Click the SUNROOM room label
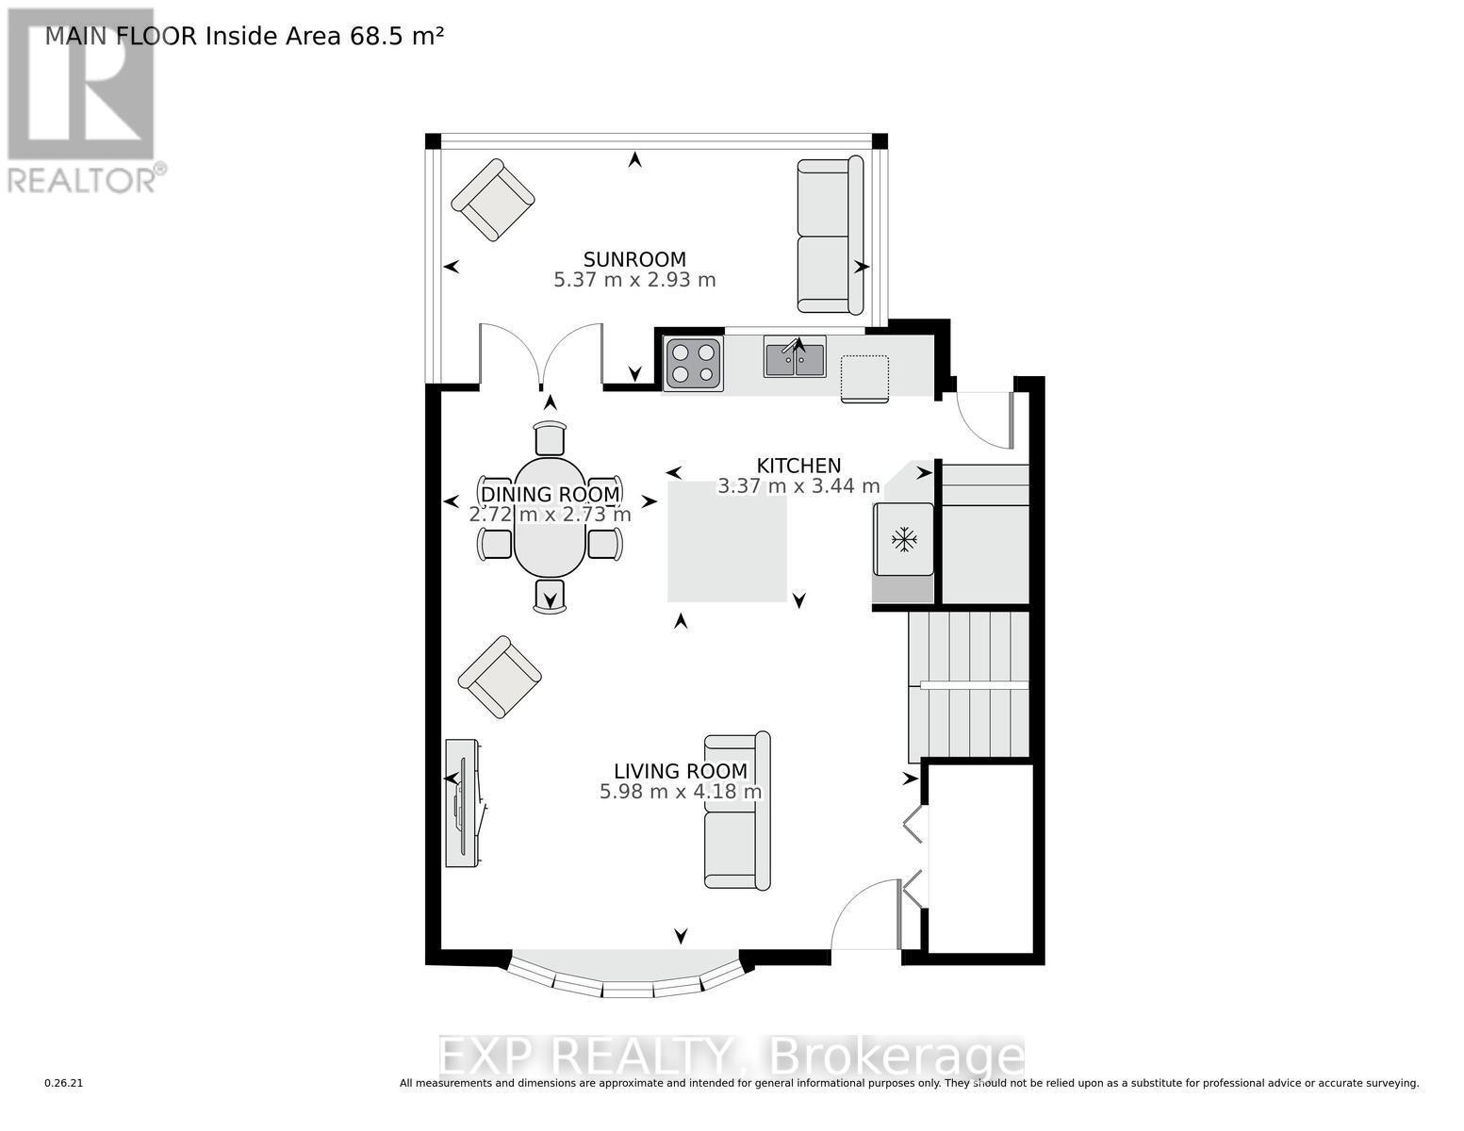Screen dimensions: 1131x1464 [x=633, y=259]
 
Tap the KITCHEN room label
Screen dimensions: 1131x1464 [x=798, y=466]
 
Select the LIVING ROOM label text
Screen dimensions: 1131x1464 [x=680, y=771]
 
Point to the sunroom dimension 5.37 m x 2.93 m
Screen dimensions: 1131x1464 [x=633, y=280]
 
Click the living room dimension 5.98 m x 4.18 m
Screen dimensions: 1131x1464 [x=680, y=792]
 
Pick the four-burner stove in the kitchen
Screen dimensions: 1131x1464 [x=693, y=363]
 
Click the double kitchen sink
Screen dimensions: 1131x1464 [x=795, y=358]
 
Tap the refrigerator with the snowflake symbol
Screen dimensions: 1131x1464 [x=904, y=540]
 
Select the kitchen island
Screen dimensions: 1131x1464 [x=727, y=542]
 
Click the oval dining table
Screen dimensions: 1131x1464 [x=550, y=517]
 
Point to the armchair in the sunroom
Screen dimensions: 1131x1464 [x=492, y=200]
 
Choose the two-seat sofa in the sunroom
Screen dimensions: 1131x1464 [x=830, y=236]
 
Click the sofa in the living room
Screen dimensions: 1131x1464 [x=737, y=811]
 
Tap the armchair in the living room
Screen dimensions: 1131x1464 [x=499, y=677]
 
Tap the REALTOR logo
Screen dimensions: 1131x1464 [x=82, y=99]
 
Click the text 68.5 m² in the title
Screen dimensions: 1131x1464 [x=395, y=37]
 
